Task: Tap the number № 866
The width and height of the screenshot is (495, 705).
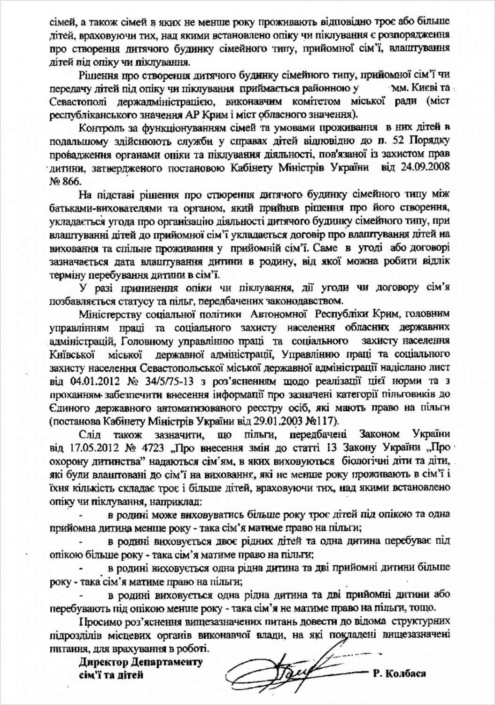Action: click(65, 181)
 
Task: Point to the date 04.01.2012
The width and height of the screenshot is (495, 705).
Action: click(86, 381)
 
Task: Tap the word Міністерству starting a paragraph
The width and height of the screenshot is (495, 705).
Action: click(109, 313)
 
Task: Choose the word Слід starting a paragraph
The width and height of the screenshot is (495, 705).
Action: click(90, 433)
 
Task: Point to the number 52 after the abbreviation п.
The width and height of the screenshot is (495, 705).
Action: click(400, 141)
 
